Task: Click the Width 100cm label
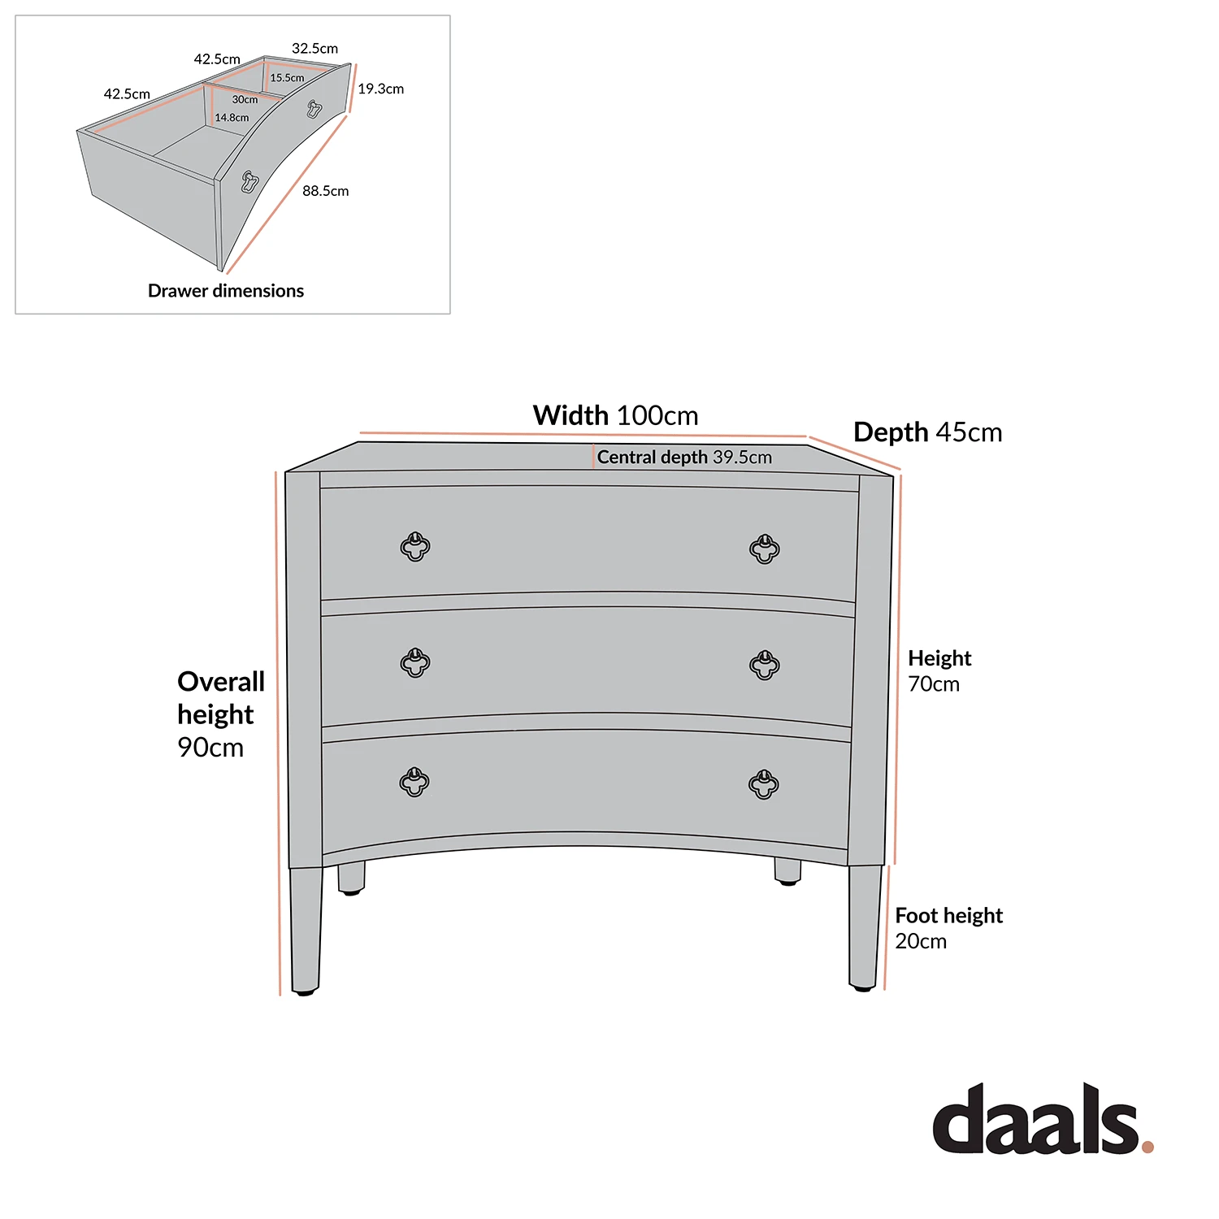[615, 415]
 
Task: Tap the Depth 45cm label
[927, 432]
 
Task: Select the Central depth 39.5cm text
[684, 458]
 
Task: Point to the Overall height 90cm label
[220, 714]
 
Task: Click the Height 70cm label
[939, 670]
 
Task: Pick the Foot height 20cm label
[948, 928]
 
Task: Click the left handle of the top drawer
[415, 547]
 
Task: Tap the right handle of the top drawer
[764, 549]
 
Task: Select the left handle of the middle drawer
[415, 663]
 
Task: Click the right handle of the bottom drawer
[763, 784]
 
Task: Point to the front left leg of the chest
[306, 931]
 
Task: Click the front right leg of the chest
[864, 926]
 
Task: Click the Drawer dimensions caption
[226, 291]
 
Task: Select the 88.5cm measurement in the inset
[325, 191]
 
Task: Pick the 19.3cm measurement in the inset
[380, 89]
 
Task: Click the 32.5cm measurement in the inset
[315, 49]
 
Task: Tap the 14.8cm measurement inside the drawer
[232, 118]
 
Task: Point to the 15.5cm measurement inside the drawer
[287, 78]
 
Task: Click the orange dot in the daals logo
[1147, 1147]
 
